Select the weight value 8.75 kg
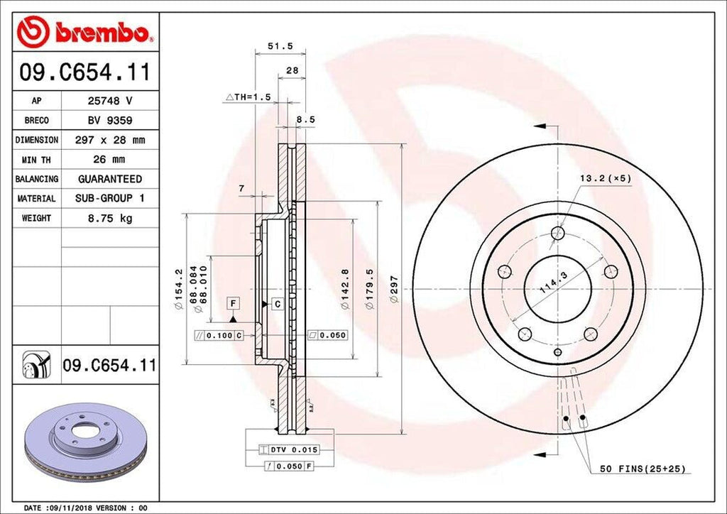pyautogui.click(x=110, y=218)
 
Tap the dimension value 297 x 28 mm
pyautogui.click(x=110, y=140)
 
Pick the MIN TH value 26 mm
pyautogui.click(x=110, y=160)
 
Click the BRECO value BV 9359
pyautogui.click(x=110, y=121)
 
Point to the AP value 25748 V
pyautogui.click(x=110, y=102)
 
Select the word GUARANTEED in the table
pyautogui.click(x=110, y=179)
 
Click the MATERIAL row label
pyautogui.click(x=36, y=199)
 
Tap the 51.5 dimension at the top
pyautogui.click(x=280, y=46)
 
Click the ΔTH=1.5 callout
pyautogui.click(x=248, y=97)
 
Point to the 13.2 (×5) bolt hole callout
pyautogui.click(x=603, y=178)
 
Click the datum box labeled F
pyautogui.click(x=232, y=304)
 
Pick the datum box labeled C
pyautogui.click(x=278, y=304)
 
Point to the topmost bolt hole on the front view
pyautogui.click(x=557, y=232)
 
